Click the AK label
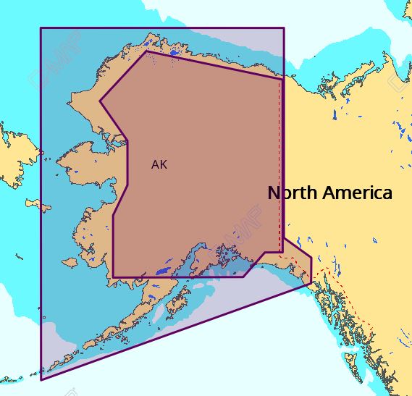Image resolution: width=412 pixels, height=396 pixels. click(159, 164)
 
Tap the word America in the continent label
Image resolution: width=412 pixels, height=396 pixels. click(357, 193)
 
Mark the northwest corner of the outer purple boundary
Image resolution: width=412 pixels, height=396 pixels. click(41, 29)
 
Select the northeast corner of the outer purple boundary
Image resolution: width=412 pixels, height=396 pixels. click(283, 29)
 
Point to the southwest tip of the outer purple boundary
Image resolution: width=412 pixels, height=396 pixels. click(41, 379)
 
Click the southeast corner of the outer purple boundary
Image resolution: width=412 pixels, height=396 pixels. click(311, 283)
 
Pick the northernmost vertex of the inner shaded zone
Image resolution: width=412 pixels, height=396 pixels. click(147, 51)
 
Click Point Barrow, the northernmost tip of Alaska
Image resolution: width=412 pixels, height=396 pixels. click(147, 49)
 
